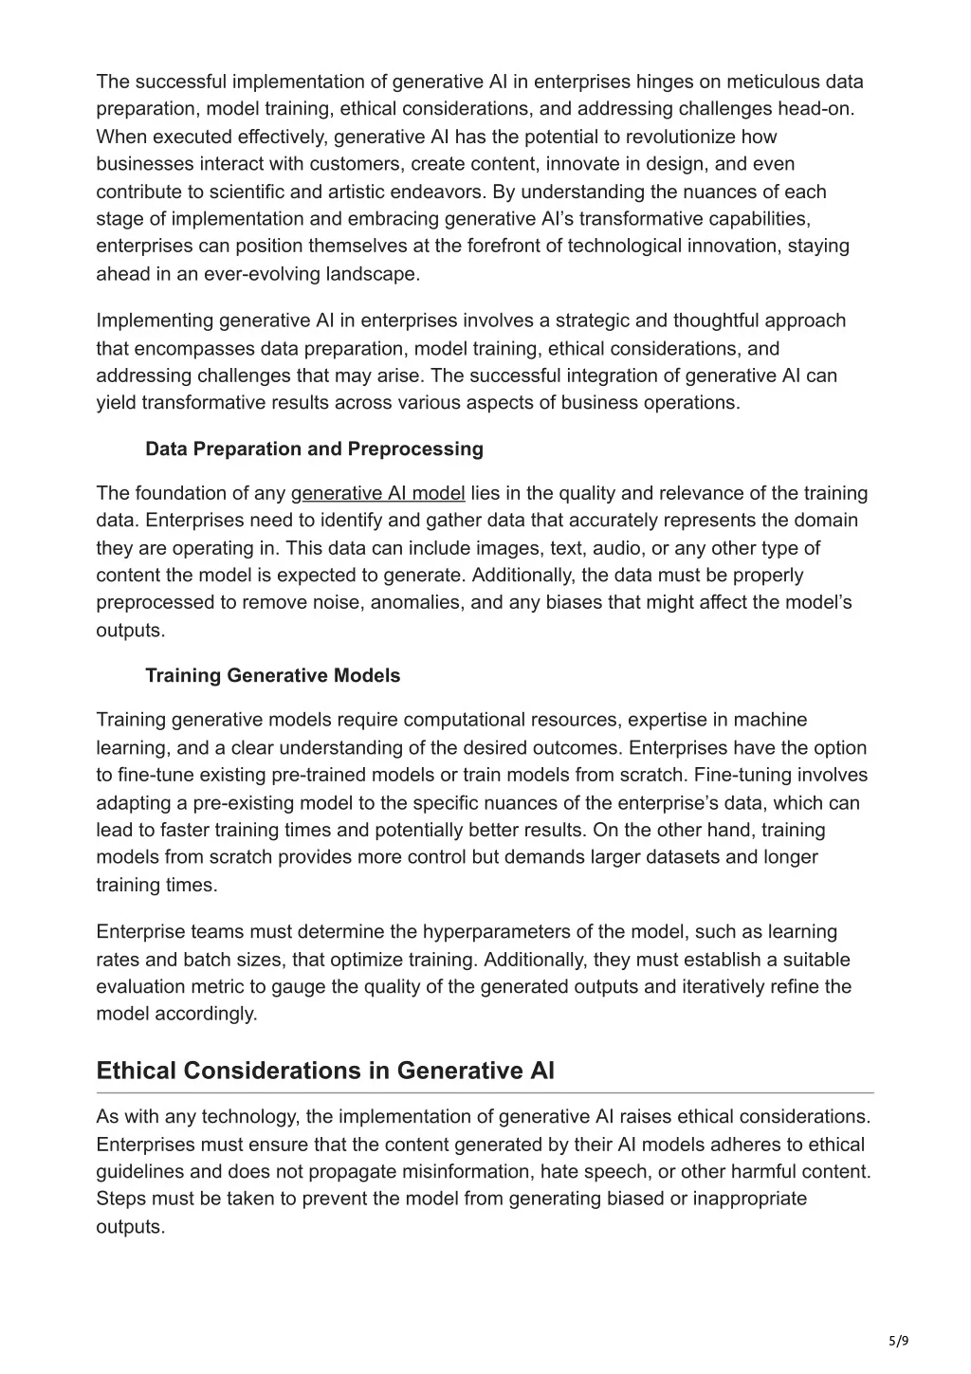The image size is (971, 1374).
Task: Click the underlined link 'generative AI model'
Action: (x=377, y=493)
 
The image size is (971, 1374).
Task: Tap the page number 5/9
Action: (x=899, y=1341)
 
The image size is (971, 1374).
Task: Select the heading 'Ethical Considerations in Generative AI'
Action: (x=325, y=1071)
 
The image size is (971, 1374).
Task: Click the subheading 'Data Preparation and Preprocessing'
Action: (x=314, y=449)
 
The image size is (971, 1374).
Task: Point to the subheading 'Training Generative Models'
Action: (x=272, y=675)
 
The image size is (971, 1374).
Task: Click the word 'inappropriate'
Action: (x=749, y=1199)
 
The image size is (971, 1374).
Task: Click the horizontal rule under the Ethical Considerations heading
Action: (x=485, y=1093)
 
